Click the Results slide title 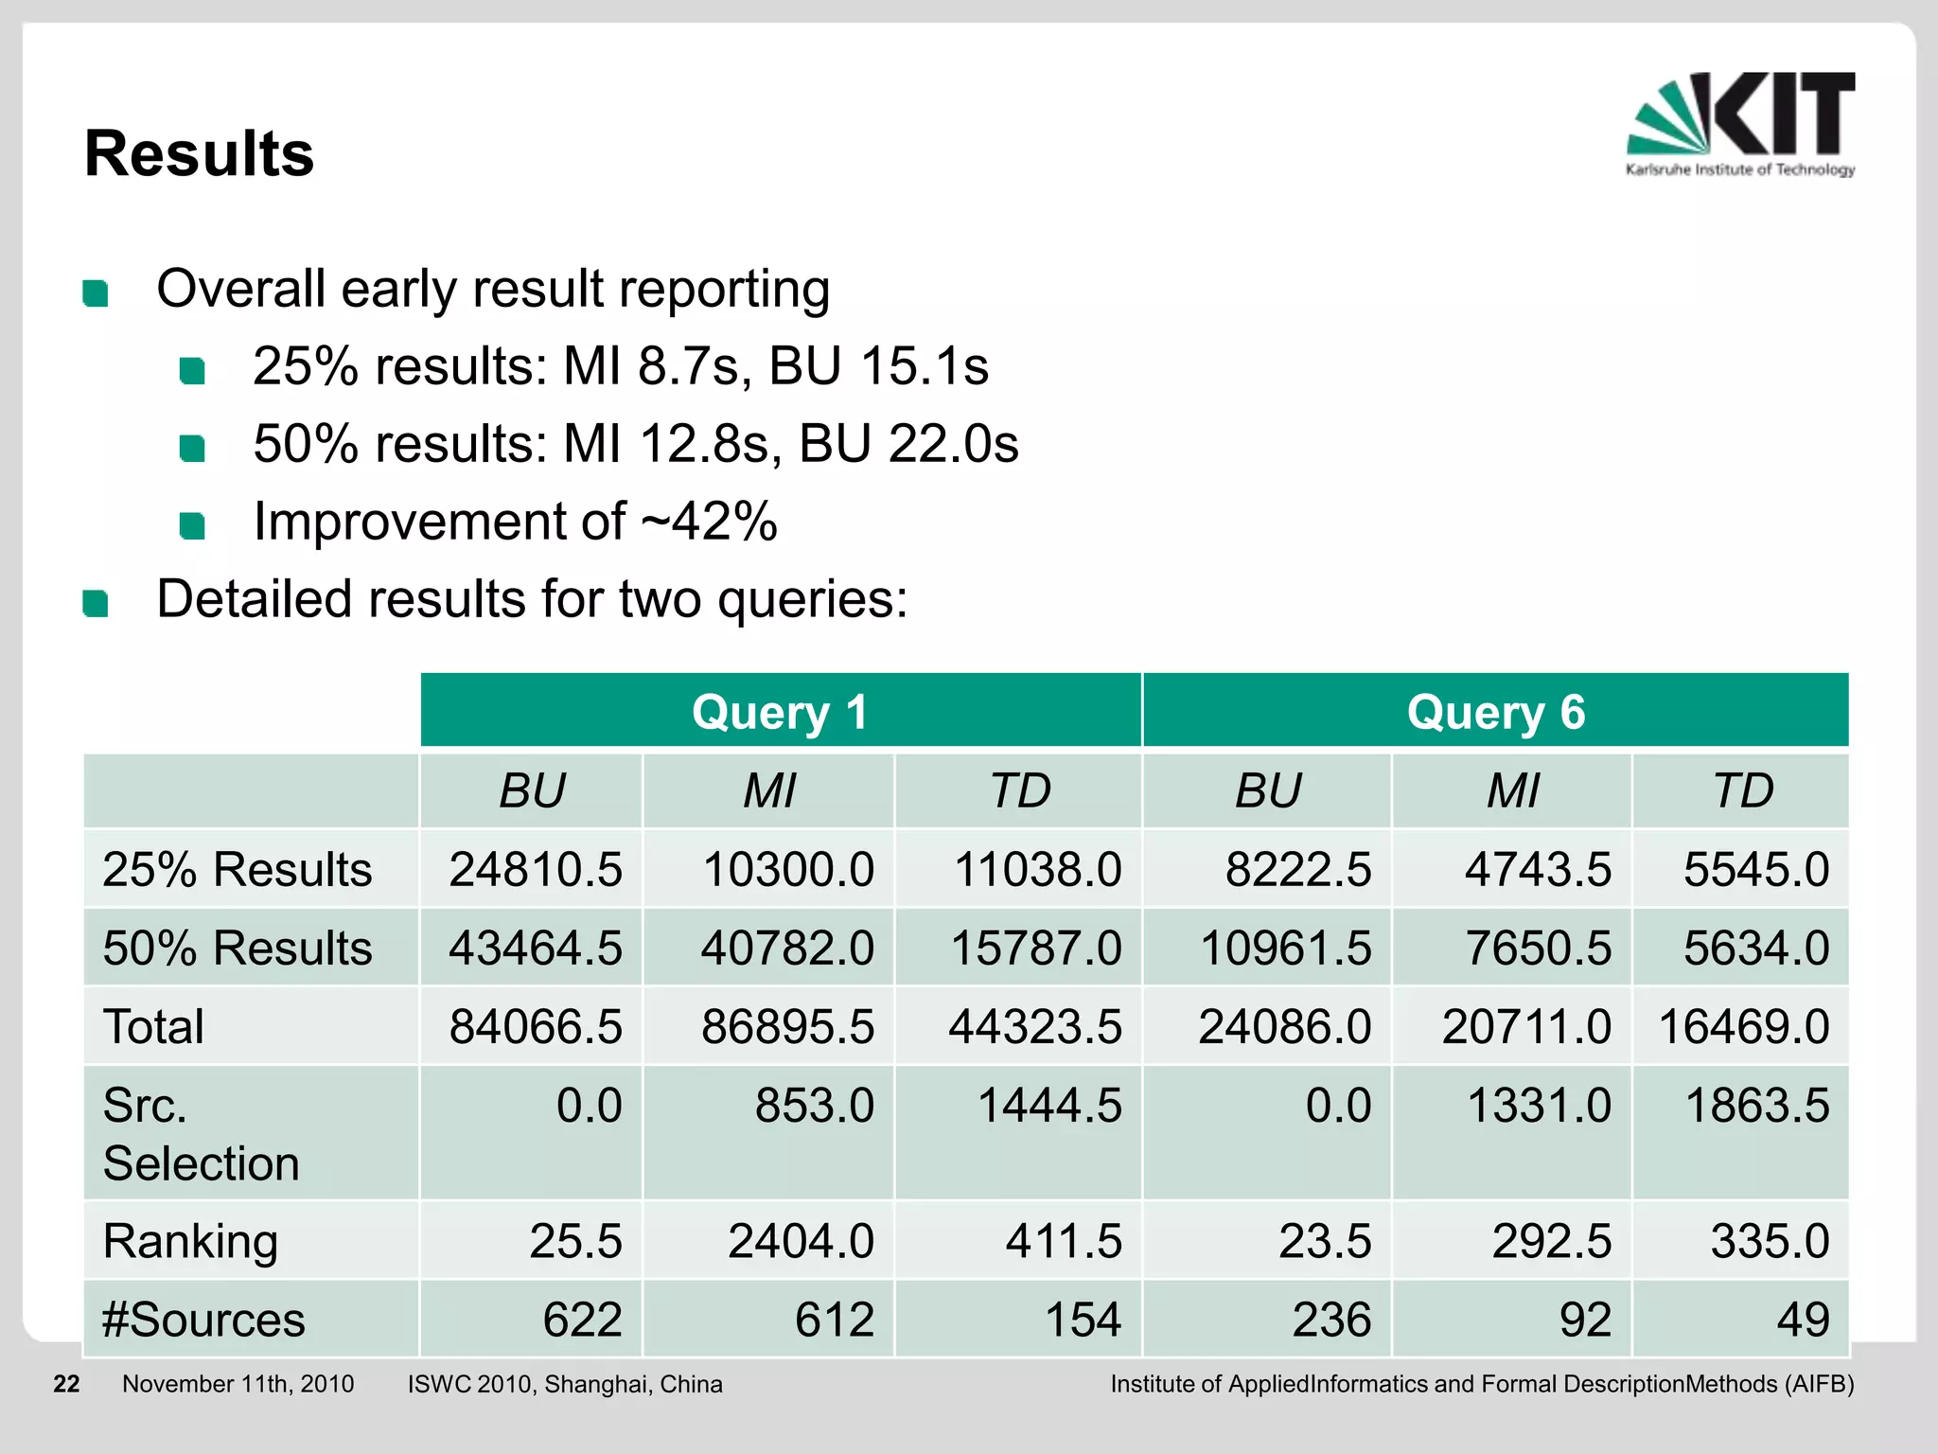(199, 153)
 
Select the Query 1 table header (780, 712)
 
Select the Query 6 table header (1495, 712)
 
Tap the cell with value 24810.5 (535, 869)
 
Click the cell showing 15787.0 (1035, 948)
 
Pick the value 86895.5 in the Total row (787, 1026)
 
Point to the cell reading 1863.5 (1756, 1105)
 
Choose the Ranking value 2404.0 (801, 1240)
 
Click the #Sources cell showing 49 (1803, 1319)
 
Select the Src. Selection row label (201, 1133)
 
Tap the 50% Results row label (237, 948)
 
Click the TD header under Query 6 (1742, 790)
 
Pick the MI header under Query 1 (768, 790)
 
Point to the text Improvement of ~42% (515, 522)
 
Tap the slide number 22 (66, 1384)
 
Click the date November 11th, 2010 (238, 1384)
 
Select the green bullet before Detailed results (96, 602)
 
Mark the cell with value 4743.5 (1537, 869)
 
